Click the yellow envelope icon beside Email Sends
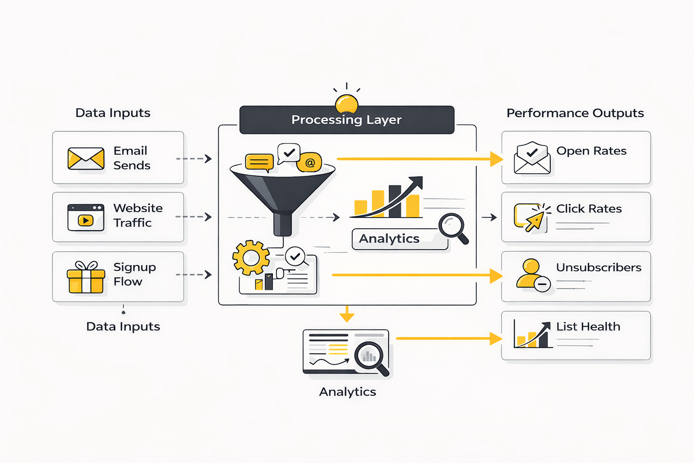86,159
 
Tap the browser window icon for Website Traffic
86,217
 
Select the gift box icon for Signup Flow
86,277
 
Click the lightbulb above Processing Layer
347,104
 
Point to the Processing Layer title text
347,120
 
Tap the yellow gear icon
251,258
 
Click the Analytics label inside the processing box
389,239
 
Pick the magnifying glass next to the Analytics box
453,228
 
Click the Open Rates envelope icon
532,158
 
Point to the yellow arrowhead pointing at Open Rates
497,159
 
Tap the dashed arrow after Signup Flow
194,275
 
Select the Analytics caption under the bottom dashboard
347,392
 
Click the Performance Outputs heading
575,113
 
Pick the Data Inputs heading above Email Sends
113,113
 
